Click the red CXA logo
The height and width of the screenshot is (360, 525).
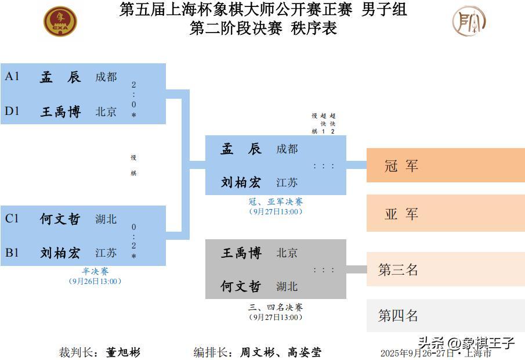coord(60,21)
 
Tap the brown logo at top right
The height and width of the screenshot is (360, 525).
coord(469,21)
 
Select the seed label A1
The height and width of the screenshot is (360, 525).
coord(12,76)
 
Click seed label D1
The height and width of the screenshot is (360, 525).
coord(12,111)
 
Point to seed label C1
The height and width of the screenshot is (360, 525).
coord(12,218)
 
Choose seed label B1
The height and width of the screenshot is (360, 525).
coord(12,253)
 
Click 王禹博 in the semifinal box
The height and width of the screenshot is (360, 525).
coord(60,111)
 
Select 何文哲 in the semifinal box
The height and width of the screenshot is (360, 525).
coord(60,219)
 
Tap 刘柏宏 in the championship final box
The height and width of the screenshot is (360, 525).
coord(241,182)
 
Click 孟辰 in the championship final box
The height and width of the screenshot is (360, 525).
coord(241,149)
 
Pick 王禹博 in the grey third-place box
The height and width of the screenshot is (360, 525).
coord(241,253)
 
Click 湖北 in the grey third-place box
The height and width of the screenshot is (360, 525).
coord(287,286)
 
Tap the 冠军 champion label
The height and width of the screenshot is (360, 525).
coord(401,165)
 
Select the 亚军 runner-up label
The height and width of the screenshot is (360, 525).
coord(401,214)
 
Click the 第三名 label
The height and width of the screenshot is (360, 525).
coord(398,269)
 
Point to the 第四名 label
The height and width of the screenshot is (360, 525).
coord(398,315)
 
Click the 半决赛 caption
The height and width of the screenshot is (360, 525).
coord(95,271)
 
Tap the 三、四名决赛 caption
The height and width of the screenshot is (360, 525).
coord(276,307)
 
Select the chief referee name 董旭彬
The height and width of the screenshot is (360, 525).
coord(123,352)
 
